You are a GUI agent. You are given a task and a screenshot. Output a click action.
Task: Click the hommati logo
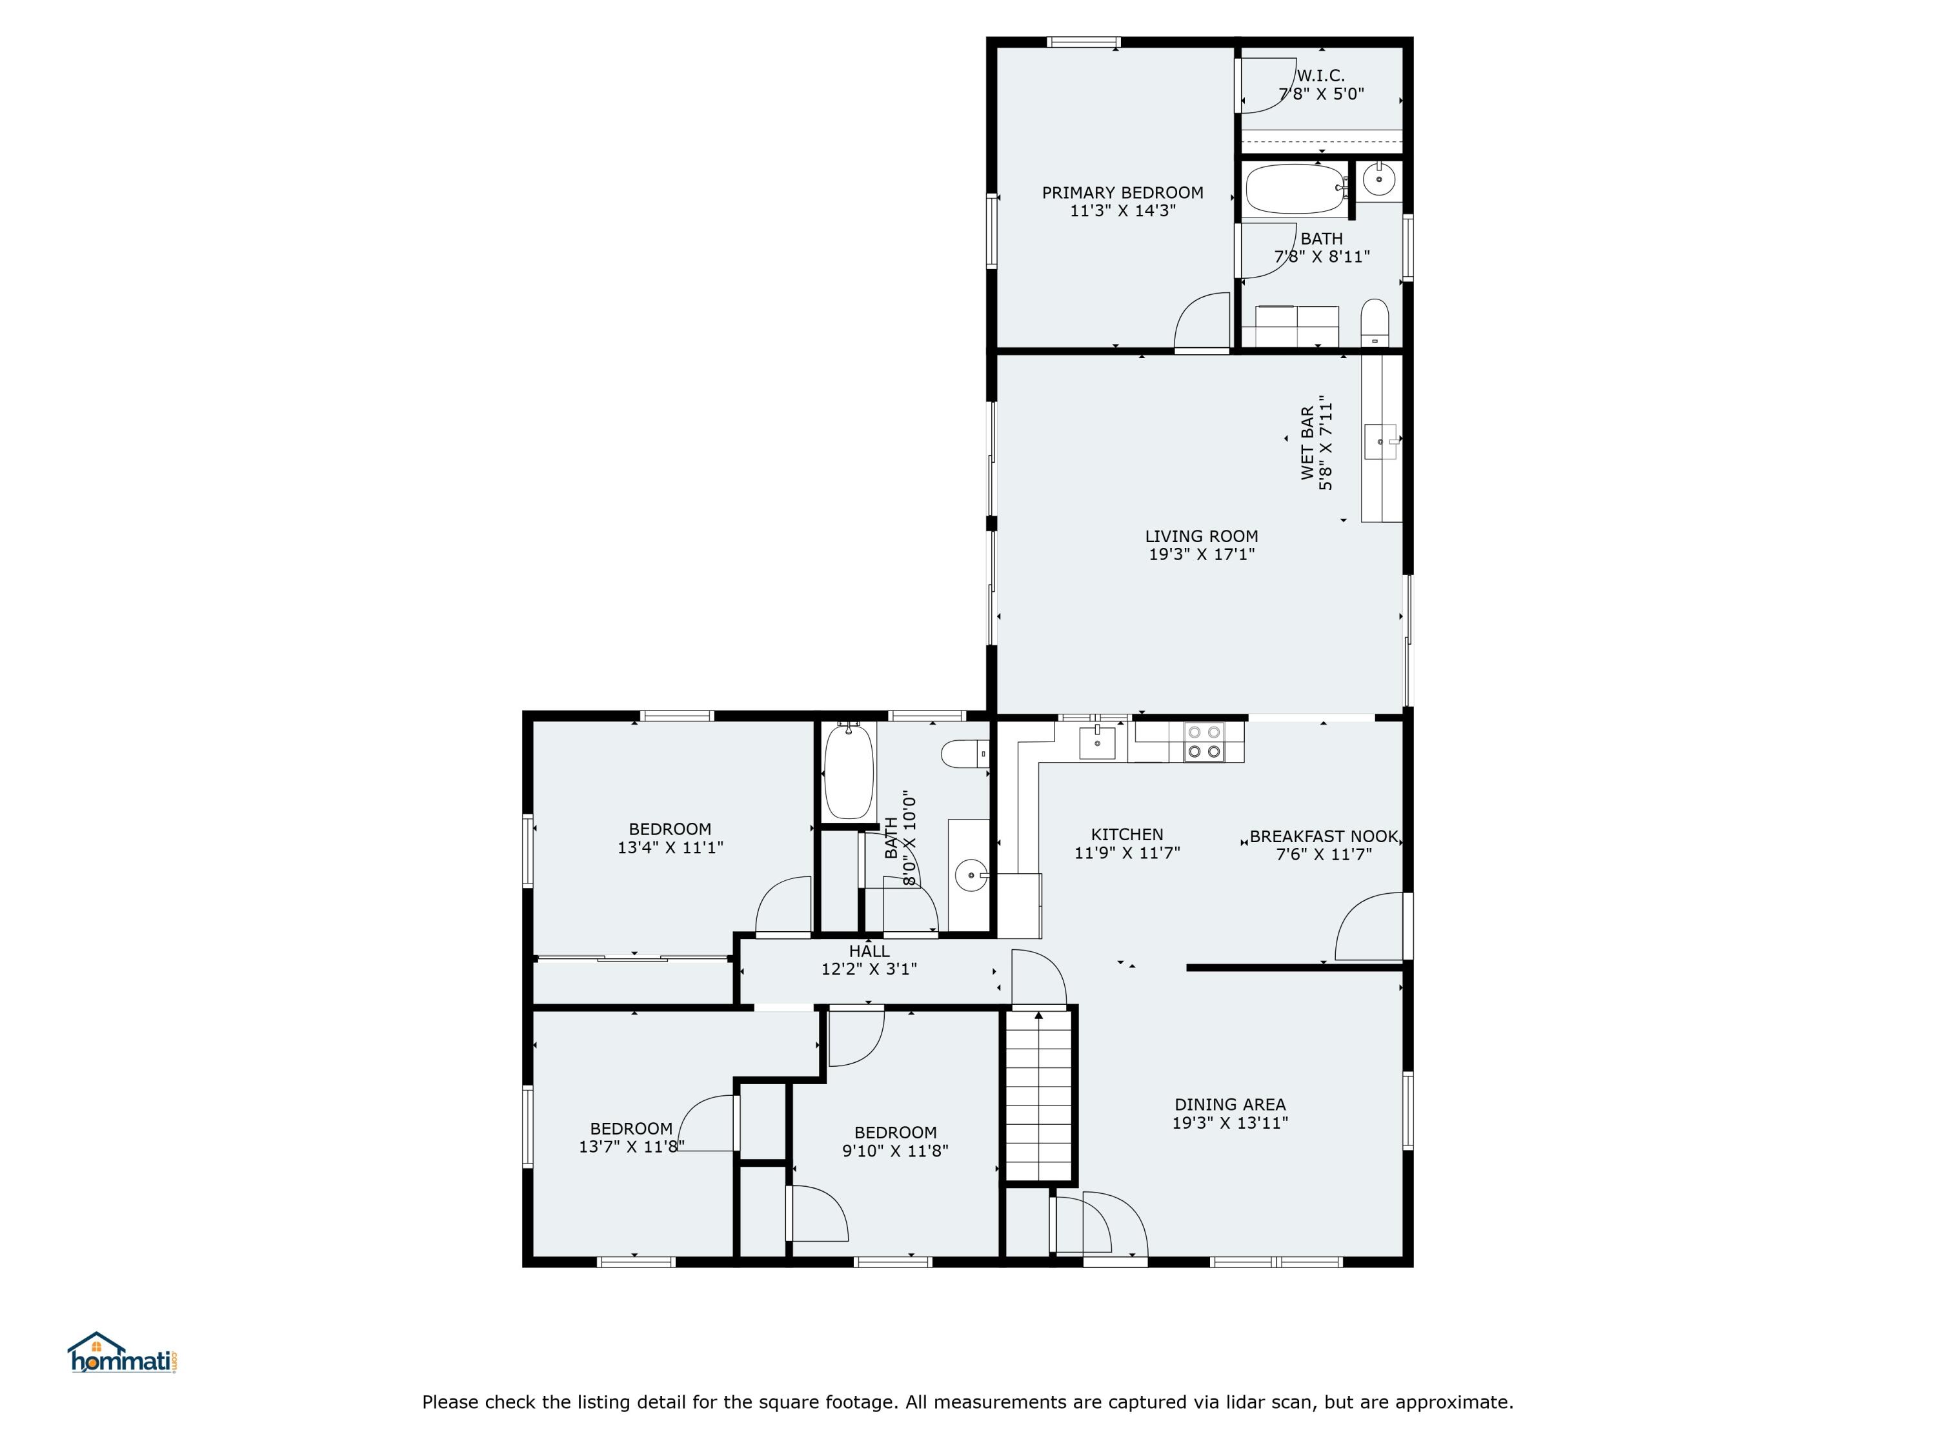(123, 1354)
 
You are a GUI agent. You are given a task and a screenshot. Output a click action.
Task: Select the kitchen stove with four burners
(1204, 741)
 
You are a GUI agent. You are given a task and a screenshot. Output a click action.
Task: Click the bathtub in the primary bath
(1295, 188)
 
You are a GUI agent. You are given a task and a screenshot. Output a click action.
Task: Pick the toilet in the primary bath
(1375, 322)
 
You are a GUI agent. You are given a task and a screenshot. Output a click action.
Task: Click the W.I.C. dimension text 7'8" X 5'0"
(1321, 94)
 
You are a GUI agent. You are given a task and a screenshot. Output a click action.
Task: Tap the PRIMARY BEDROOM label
(1122, 192)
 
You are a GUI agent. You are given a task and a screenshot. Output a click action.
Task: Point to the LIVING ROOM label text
(1201, 536)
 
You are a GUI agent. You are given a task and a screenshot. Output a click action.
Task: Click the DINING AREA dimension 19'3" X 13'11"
(1230, 1123)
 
